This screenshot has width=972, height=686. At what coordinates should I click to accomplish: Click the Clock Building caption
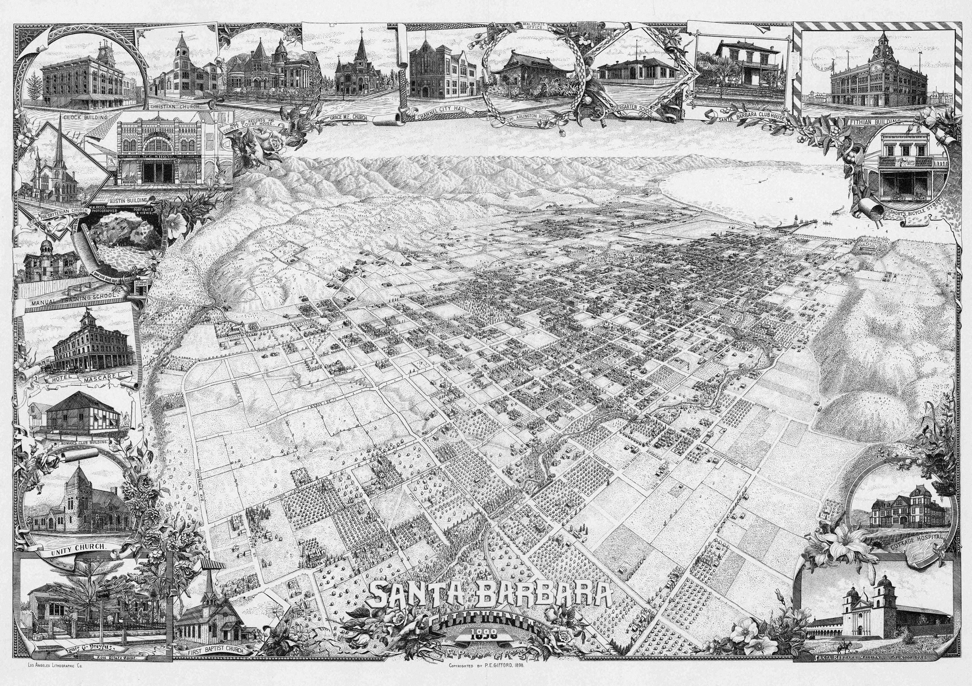click(85, 117)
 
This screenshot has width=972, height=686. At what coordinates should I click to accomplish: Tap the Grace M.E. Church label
click(349, 117)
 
